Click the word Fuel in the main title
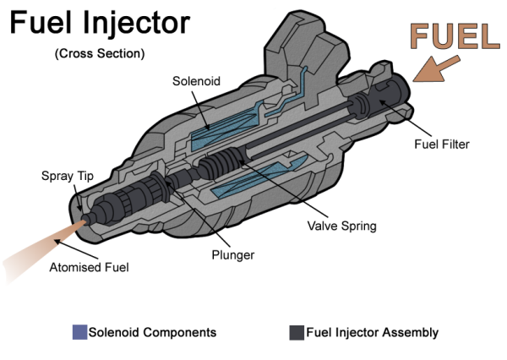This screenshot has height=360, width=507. (39, 23)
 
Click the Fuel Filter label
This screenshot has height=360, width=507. (441, 145)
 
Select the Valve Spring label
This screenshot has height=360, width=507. (341, 226)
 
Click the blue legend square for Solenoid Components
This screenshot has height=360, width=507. (80, 332)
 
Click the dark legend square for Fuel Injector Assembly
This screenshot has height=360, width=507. (297, 332)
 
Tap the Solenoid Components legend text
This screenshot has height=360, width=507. (152, 332)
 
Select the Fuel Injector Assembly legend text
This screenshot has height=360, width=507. (372, 332)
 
